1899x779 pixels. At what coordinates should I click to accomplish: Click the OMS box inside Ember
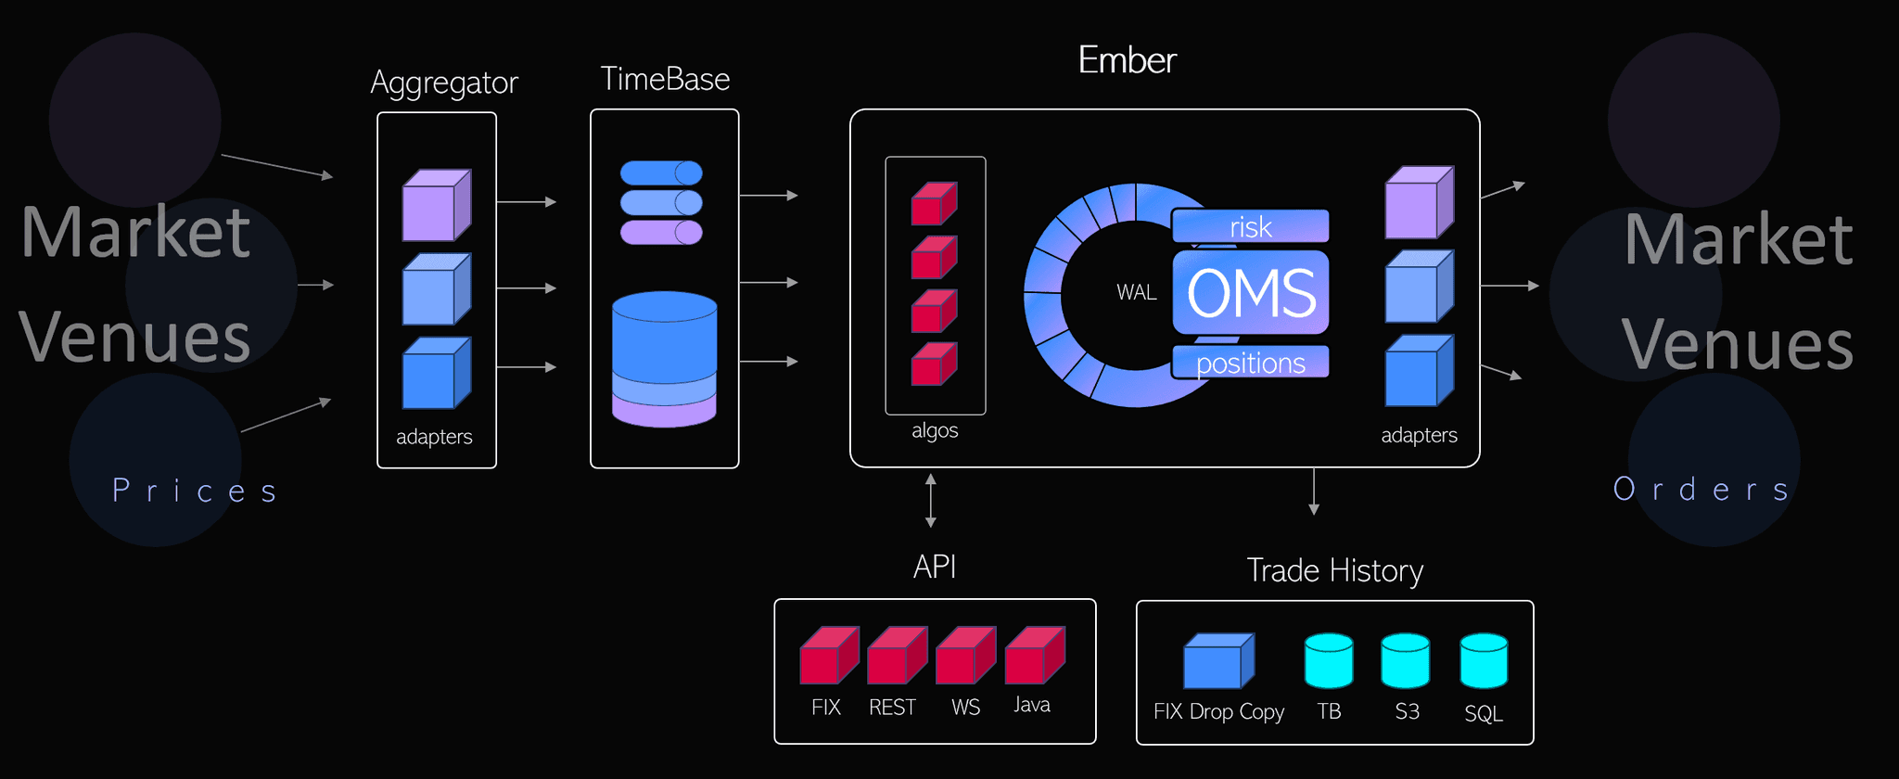click(1250, 292)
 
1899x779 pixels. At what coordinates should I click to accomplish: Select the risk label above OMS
click(1250, 226)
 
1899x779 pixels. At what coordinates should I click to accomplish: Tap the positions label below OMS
click(1250, 363)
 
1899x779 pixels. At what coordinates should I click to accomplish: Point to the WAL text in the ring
click(1136, 292)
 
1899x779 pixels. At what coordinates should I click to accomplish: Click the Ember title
click(1127, 60)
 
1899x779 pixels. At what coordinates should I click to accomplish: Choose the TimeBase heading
click(664, 79)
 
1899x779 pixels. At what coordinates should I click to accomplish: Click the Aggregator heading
click(443, 83)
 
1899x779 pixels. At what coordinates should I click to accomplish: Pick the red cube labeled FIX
click(828, 656)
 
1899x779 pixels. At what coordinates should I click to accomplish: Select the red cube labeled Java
click(1034, 656)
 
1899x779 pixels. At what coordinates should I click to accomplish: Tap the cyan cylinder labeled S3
click(1405, 660)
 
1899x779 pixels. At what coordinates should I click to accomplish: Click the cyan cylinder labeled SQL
click(1484, 660)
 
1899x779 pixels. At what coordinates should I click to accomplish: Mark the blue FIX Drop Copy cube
click(1218, 661)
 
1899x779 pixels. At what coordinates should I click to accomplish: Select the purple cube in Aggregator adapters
click(436, 205)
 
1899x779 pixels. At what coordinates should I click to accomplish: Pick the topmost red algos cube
click(933, 203)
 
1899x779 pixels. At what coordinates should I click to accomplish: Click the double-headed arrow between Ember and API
click(930, 501)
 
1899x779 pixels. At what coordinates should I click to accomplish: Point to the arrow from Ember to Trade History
click(1313, 492)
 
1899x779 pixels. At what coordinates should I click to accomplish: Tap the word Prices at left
click(195, 490)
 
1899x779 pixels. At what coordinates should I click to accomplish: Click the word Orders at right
click(1701, 489)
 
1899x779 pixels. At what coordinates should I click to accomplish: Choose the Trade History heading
click(1334, 570)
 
